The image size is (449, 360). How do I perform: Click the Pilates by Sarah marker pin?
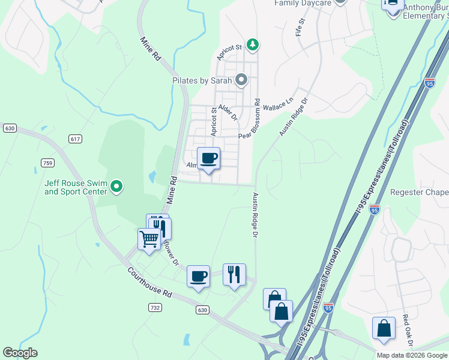tap(241, 80)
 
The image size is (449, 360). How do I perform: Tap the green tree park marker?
tap(253, 44)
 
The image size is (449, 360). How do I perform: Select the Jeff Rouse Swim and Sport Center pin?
tap(117, 188)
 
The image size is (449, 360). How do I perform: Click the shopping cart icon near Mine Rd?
tap(148, 239)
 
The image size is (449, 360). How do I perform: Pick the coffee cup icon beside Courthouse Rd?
tap(198, 276)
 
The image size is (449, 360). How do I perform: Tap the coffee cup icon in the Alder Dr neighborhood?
tap(208, 158)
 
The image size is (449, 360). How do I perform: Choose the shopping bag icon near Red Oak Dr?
tap(384, 329)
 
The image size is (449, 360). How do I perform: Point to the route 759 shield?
tap(48, 163)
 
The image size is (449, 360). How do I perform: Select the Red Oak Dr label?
tap(407, 330)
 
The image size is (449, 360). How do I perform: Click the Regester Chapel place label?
tap(419, 193)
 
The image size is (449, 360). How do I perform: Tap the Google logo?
tap(20, 353)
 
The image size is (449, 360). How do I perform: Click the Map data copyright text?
tap(411, 355)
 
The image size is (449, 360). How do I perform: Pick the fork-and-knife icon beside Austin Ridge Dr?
tap(234, 275)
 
